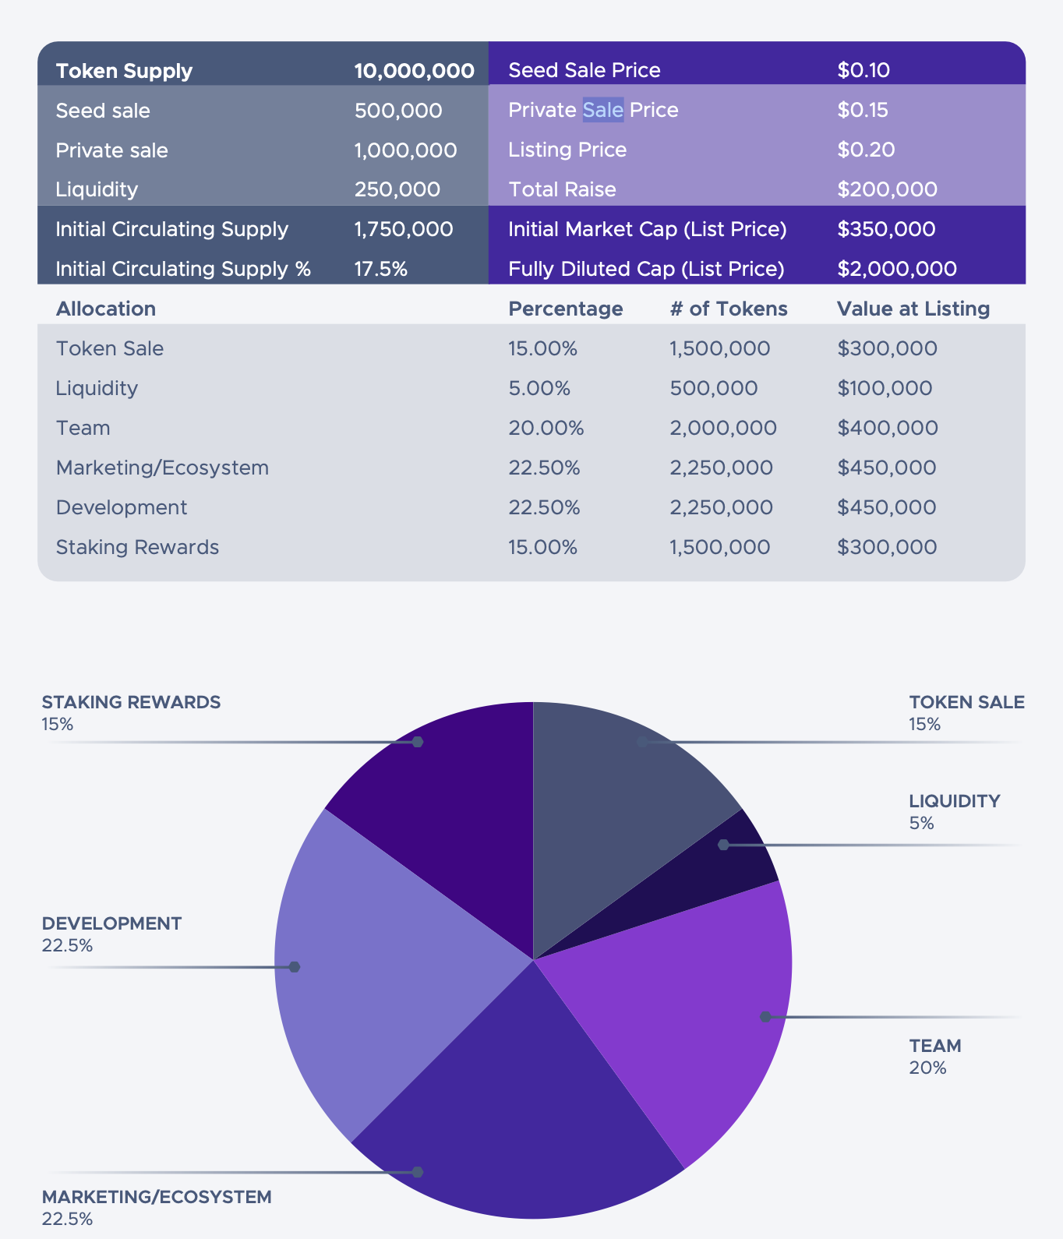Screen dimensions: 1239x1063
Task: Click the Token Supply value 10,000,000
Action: pos(414,71)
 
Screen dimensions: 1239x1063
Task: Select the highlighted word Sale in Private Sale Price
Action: pos(603,110)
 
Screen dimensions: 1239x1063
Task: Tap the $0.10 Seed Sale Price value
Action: pos(863,70)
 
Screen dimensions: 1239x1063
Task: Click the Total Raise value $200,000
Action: pos(887,189)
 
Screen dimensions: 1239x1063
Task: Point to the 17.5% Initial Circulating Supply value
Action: pos(380,269)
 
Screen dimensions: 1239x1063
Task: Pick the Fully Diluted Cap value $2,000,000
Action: pos(896,269)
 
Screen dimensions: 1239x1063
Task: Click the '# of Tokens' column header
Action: pos(729,309)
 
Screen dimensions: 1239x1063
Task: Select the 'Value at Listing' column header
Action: pos(913,309)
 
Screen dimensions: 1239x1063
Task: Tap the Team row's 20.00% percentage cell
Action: pos(546,428)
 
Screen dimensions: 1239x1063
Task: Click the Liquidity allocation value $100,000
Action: pos(885,388)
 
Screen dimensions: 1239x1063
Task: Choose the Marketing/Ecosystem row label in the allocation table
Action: pos(162,468)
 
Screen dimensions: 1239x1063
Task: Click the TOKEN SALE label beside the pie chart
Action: pos(966,702)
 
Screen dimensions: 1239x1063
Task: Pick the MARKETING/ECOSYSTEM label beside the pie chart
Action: pos(157,1197)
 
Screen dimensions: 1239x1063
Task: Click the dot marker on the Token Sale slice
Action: pos(641,742)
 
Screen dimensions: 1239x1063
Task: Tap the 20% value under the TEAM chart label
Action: pos(927,1068)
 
